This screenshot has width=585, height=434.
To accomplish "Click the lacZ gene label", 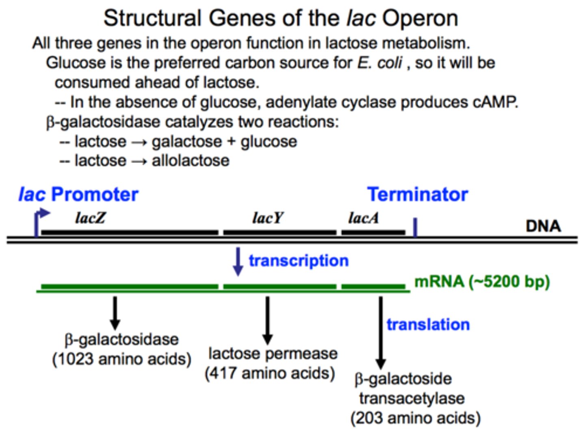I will click(90, 218).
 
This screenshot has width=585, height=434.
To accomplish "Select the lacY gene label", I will click(267, 218).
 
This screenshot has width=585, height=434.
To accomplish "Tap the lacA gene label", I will click(363, 218).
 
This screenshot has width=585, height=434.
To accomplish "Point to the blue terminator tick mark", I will click(415, 227).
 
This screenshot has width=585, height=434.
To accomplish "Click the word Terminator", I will click(417, 195).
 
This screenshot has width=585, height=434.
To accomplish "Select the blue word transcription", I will click(299, 261).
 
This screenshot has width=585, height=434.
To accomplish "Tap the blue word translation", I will click(428, 325).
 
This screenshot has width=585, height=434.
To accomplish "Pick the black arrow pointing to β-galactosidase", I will click(115, 313).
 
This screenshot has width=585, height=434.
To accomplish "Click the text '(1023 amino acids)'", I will click(121, 359).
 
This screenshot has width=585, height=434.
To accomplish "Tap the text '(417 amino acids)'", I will click(270, 373).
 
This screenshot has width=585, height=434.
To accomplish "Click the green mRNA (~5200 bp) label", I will click(482, 282).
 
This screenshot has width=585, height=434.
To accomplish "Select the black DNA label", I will click(543, 226).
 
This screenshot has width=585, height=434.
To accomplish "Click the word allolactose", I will click(190, 161).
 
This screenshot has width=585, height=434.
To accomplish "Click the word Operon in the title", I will click(420, 19).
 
